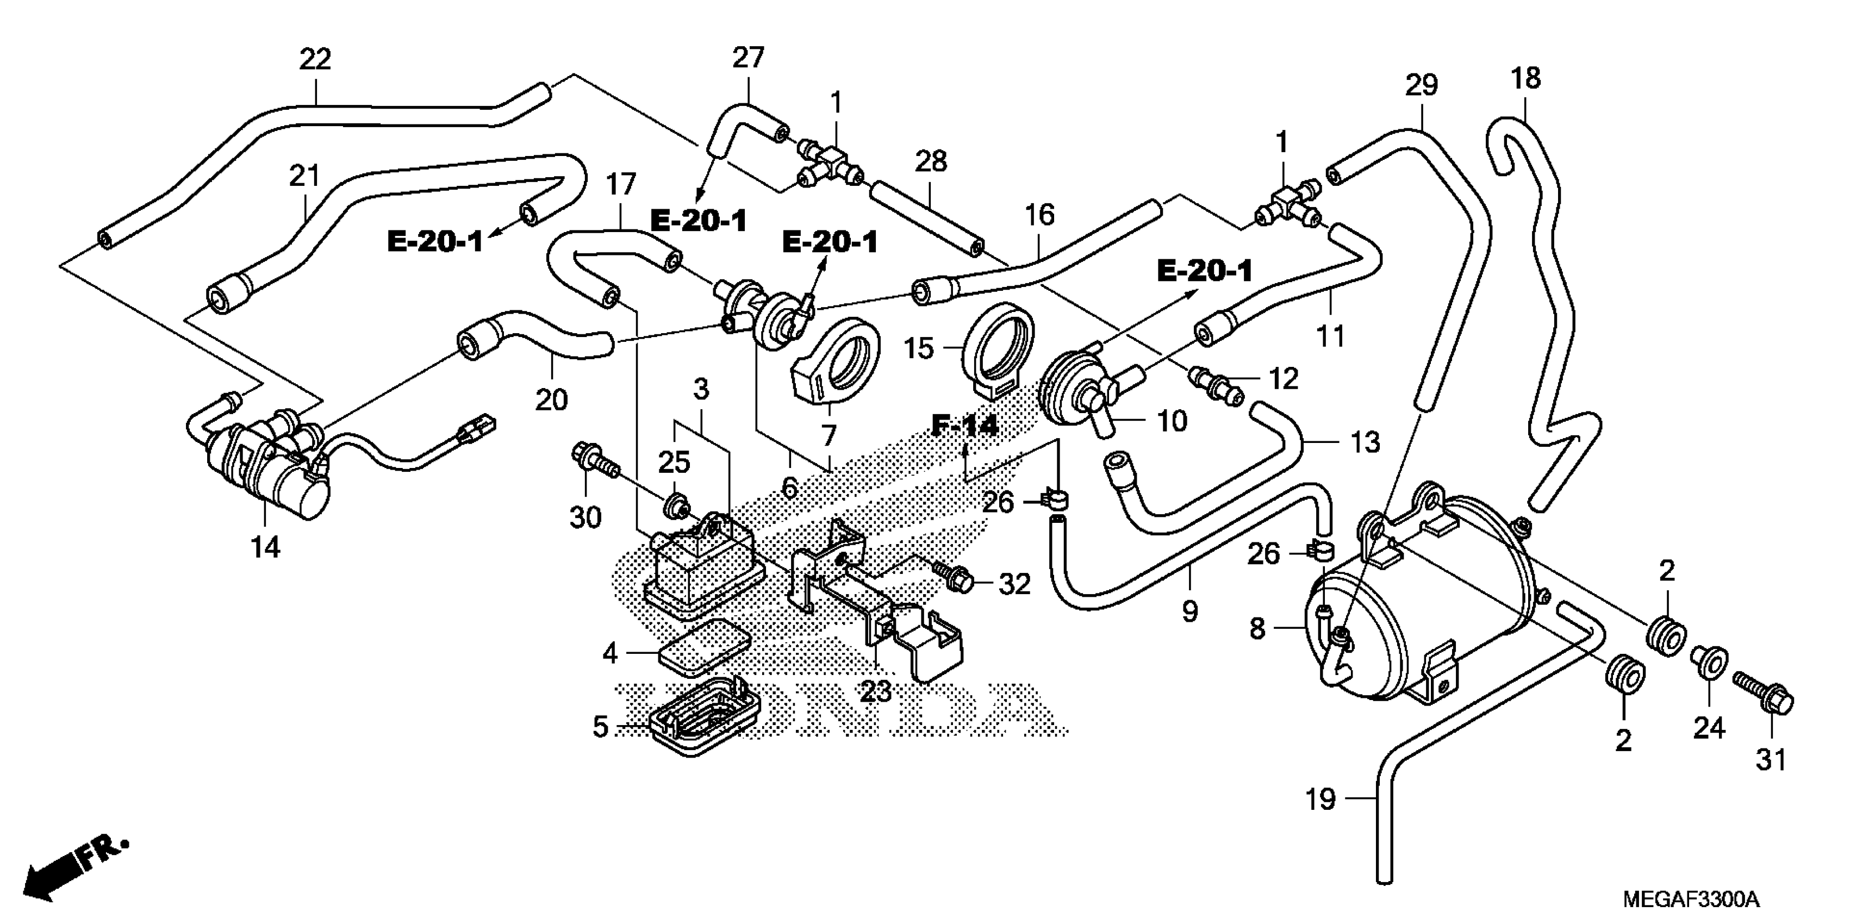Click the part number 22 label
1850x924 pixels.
315,60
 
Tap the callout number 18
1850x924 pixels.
1525,78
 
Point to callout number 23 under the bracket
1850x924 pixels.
875,691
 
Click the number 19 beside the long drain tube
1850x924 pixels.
1320,798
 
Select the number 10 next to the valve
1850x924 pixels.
1172,421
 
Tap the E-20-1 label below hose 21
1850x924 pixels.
435,242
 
